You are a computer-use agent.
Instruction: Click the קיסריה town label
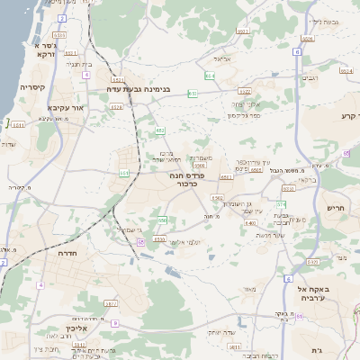pyautogui.click(x=32, y=87)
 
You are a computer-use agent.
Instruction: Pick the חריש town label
pyautogui.click(x=337, y=207)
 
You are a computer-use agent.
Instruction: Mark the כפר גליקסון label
pyautogui.click(x=244, y=116)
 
